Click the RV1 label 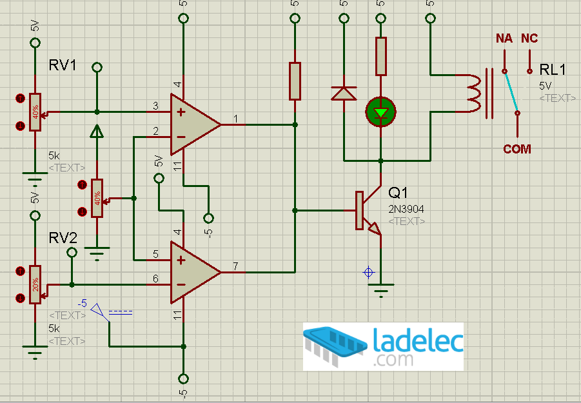[63, 66]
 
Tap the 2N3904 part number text [406, 209]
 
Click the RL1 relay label [553, 70]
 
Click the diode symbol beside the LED [344, 93]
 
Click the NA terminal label [504, 39]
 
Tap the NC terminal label [529, 39]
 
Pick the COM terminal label [517, 149]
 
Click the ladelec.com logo [383, 346]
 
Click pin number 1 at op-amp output [236, 119]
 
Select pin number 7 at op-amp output [236, 266]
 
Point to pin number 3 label [156, 106]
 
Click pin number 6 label [156, 279]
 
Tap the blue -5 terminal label [83, 303]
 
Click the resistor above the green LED [380, 56]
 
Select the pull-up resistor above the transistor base [295, 81]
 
